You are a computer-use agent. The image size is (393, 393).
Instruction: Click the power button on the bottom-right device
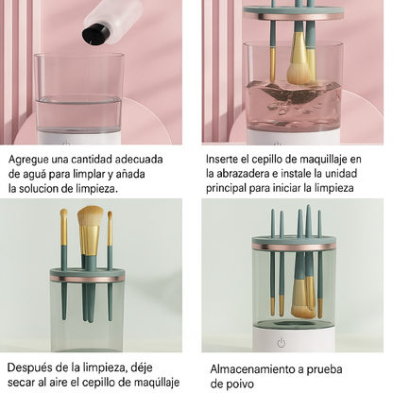click(280, 342)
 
